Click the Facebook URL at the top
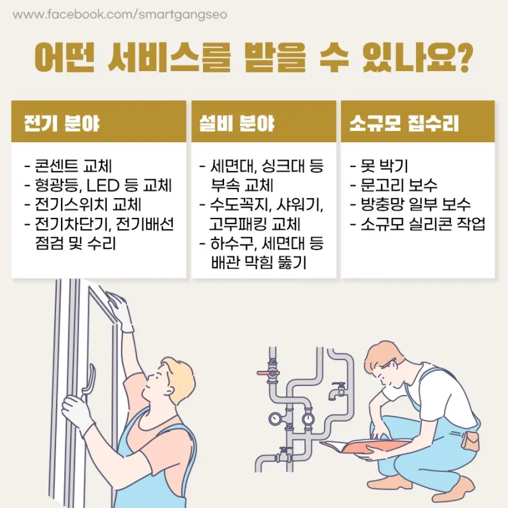tap(120, 15)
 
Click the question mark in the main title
tap(463, 58)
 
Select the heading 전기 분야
tap(62, 123)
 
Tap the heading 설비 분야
tap(237, 123)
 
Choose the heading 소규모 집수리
tap(404, 123)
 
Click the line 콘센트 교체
tap(68, 166)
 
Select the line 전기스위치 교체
tap(83, 204)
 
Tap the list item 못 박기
tap(379, 166)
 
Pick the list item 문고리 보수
tap(394, 185)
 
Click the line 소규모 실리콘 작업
tap(418, 224)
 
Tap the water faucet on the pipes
tap(337, 391)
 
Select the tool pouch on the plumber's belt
tap(470, 441)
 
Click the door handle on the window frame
tap(88, 382)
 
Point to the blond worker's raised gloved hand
tap(120, 311)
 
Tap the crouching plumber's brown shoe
tap(461, 493)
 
